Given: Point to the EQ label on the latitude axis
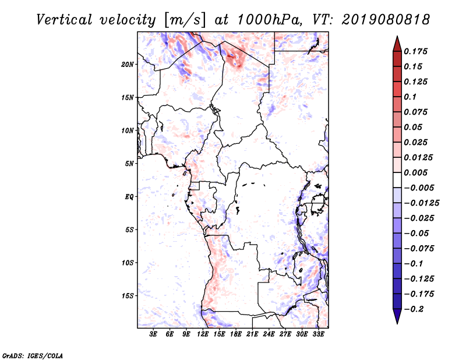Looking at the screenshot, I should [129, 197].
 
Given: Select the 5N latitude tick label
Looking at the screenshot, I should [130, 164].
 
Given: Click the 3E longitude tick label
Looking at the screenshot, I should [154, 334].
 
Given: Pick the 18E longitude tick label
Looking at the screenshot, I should [236, 334].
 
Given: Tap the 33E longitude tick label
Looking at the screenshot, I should [318, 334].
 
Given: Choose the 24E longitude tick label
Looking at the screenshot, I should [269, 334].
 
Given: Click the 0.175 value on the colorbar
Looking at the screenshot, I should [416, 51].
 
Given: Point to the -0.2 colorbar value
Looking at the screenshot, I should [414, 309].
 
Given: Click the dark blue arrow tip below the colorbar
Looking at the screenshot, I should [397, 320].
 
